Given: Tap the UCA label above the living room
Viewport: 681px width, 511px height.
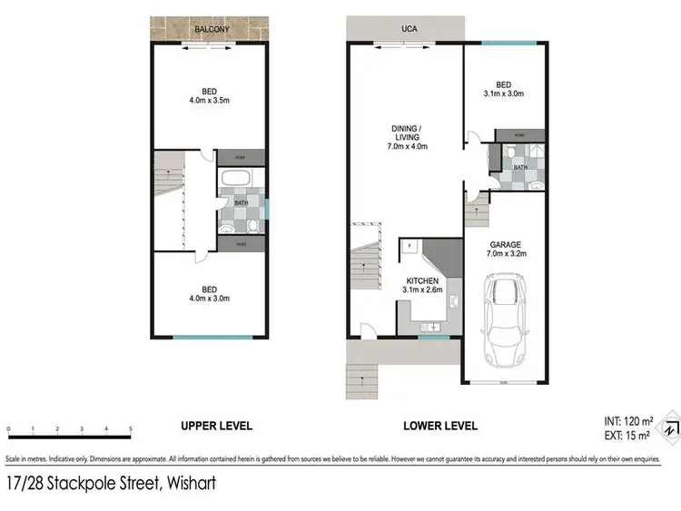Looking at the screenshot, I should pos(408,29).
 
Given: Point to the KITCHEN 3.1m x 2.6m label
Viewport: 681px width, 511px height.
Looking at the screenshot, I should pos(422,285).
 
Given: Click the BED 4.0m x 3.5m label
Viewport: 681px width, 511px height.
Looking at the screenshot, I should pos(209,96).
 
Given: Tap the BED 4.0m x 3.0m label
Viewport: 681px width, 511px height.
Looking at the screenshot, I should pos(209,292).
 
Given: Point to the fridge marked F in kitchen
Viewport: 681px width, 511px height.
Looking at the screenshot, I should pos(410,246).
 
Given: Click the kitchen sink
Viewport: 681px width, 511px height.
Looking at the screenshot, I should pos(431,325).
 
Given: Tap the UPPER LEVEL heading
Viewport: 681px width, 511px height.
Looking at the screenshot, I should pos(216,426).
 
